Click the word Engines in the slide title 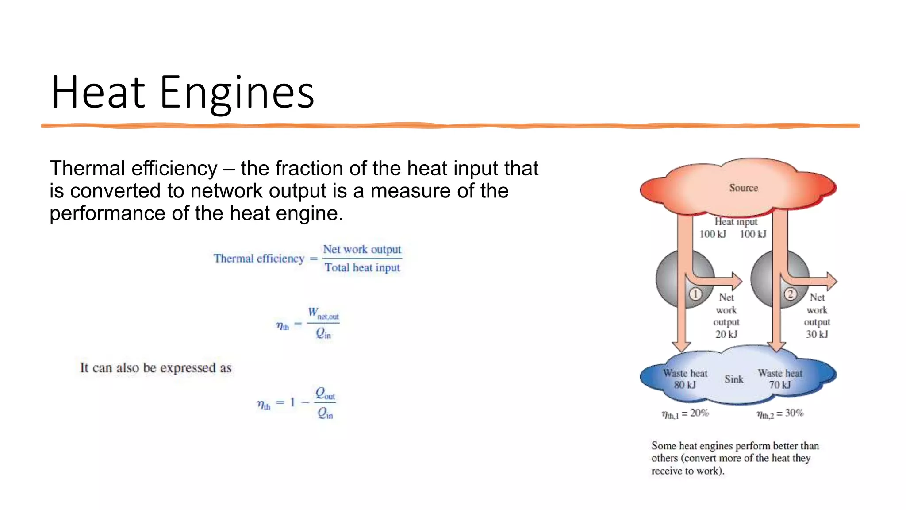click(x=237, y=93)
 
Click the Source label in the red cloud click(x=743, y=188)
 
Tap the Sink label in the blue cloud click(x=733, y=379)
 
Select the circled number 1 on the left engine click(x=695, y=294)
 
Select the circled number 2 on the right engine click(x=790, y=294)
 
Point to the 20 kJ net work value click(x=726, y=334)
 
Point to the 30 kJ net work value click(x=817, y=334)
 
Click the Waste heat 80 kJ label click(x=685, y=379)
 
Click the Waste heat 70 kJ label click(x=779, y=379)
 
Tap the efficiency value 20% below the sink click(x=699, y=413)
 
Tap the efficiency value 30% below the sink click(x=794, y=413)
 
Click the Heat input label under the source click(x=736, y=221)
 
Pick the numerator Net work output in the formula click(x=362, y=249)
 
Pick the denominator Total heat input click(x=362, y=267)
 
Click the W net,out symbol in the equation click(x=323, y=313)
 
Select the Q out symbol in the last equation click(x=325, y=393)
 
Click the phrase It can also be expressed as click(x=156, y=367)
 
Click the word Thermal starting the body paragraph click(x=87, y=168)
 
